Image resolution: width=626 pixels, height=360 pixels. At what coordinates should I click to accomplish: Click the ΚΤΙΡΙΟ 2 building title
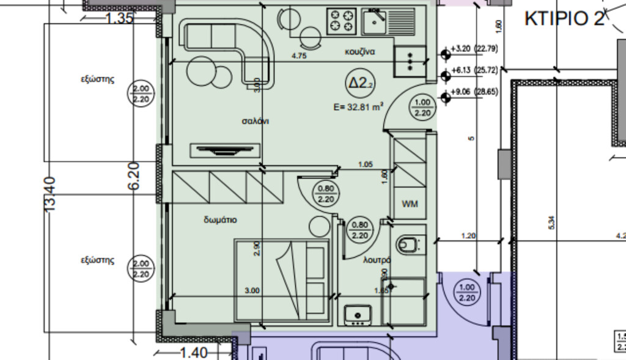tap(564, 18)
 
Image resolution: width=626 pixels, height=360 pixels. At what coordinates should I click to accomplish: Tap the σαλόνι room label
tap(256, 121)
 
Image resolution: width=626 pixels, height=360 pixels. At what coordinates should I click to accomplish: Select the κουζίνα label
tap(359, 52)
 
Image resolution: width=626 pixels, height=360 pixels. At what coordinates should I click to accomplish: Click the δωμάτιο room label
tap(220, 219)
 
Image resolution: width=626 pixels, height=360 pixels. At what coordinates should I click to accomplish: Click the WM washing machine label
tap(410, 204)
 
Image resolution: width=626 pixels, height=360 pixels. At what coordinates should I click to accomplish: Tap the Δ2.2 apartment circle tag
tap(358, 83)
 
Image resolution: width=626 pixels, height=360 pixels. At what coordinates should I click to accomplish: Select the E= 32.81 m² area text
tap(358, 106)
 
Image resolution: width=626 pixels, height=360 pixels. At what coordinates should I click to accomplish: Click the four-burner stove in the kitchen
tap(342, 20)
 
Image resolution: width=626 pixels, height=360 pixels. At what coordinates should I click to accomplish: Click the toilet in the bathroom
tap(407, 245)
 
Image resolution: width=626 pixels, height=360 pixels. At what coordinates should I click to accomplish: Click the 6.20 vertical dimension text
tap(133, 177)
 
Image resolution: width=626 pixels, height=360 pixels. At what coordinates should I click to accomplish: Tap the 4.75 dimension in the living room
tap(299, 56)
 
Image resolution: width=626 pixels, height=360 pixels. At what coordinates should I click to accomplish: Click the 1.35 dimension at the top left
tap(119, 18)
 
